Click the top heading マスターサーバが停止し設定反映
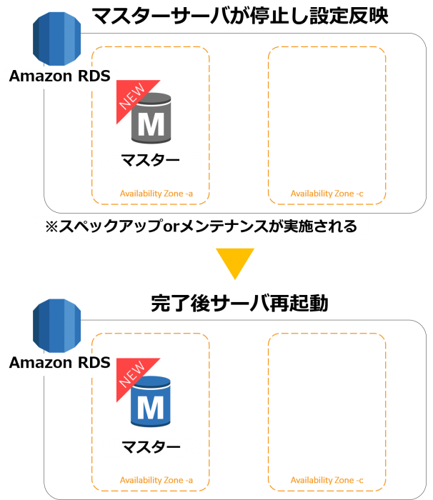click(240, 16)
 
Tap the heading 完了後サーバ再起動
click(239, 303)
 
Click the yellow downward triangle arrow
click(235, 264)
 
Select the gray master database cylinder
click(151, 118)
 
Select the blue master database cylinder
click(151, 401)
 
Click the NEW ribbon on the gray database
click(134, 97)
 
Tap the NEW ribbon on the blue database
click(134, 376)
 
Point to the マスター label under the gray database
click(151, 160)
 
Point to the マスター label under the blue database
click(151, 446)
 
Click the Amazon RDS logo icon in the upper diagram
click(56, 39)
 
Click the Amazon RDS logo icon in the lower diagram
click(56, 326)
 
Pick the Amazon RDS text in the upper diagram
click(60, 76)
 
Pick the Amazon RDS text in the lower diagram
click(60, 363)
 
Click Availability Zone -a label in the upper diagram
click(156, 194)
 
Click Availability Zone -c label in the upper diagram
click(327, 194)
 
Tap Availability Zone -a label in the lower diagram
click(156, 480)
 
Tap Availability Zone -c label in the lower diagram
click(327, 480)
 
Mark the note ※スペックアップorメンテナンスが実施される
click(201, 226)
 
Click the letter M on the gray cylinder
click(151, 124)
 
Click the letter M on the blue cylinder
click(151, 408)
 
